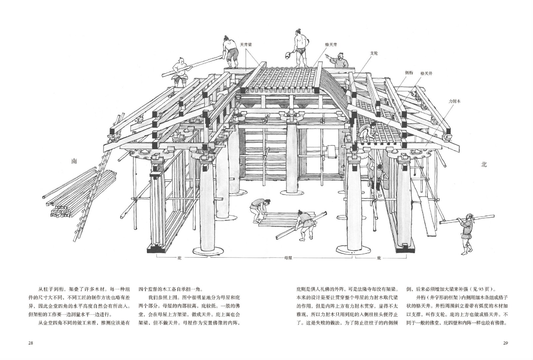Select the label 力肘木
click(x=455, y=100)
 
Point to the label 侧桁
click(x=409, y=73)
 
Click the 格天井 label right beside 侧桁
click(x=426, y=73)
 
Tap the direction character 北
click(x=484, y=164)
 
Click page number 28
click(x=31, y=343)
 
